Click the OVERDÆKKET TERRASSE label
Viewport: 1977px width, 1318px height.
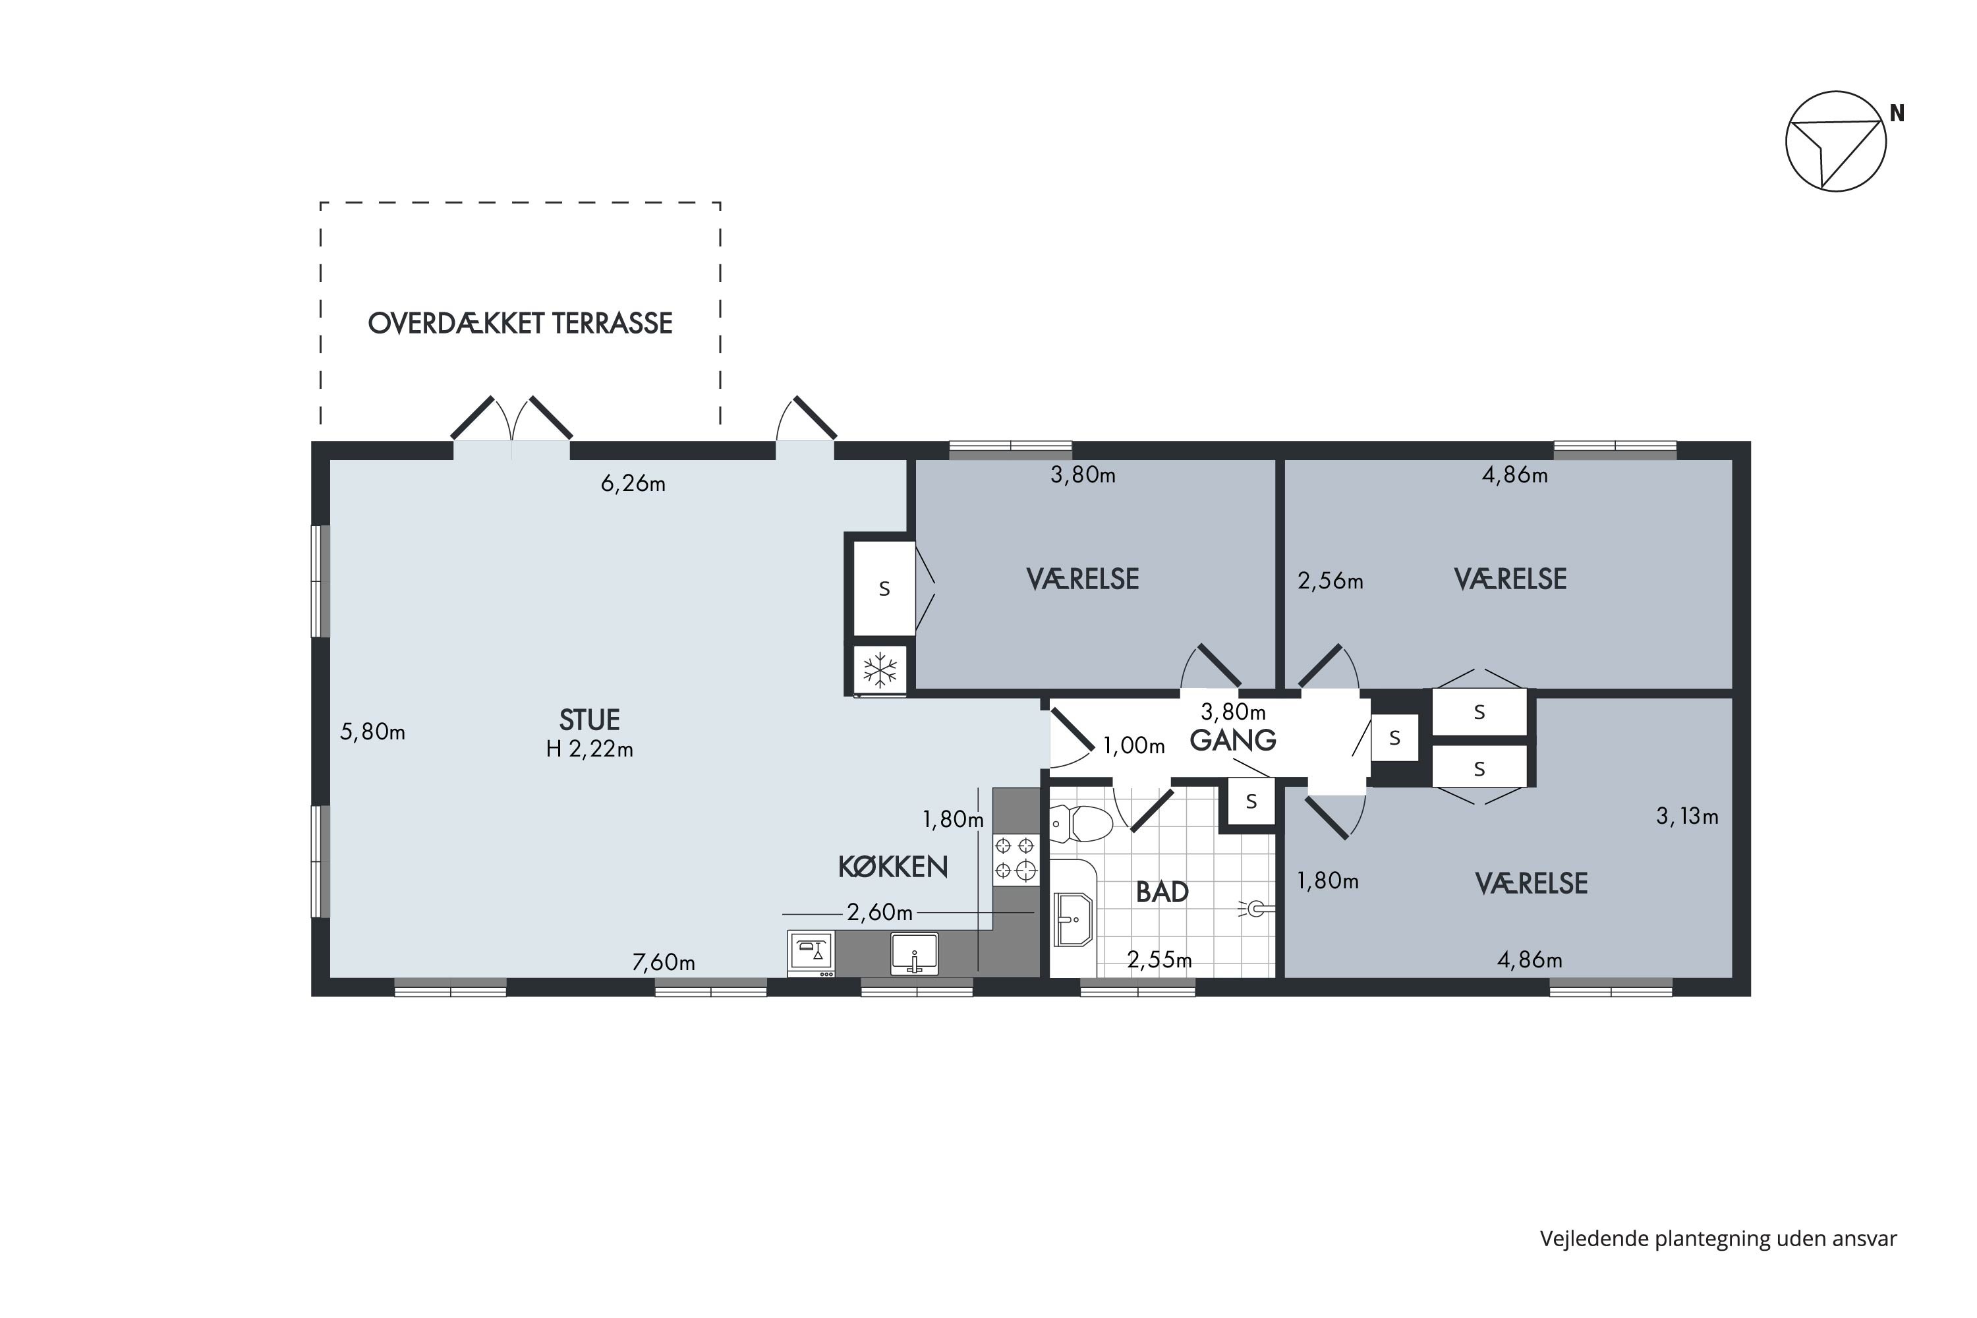pyautogui.click(x=521, y=324)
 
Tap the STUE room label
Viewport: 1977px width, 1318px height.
pyautogui.click(x=589, y=720)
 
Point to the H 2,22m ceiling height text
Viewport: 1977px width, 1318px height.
pyautogui.click(x=589, y=749)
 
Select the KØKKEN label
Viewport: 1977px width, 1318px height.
pyautogui.click(x=893, y=867)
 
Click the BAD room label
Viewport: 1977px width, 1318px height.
pyautogui.click(x=1162, y=892)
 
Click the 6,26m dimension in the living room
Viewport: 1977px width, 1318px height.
pyautogui.click(x=633, y=484)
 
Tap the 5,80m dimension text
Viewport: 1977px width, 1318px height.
pyautogui.click(x=372, y=732)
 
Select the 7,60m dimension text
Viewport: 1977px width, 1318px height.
pyautogui.click(x=663, y=962)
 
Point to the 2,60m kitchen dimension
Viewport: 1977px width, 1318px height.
pyautogui.click(x=879, y=912)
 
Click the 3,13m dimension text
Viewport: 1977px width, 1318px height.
pyautogui.click(x=1687, y=817)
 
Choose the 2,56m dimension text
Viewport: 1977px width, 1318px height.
pyautogui.click(x=1330, y=581)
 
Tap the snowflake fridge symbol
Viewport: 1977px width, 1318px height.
pyautogui.click(x=880, y=671)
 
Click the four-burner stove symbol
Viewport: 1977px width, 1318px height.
pyautogui.click(x=1016, y=858)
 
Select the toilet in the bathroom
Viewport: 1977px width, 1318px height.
pyautogui.click(x=1082, y=824)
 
